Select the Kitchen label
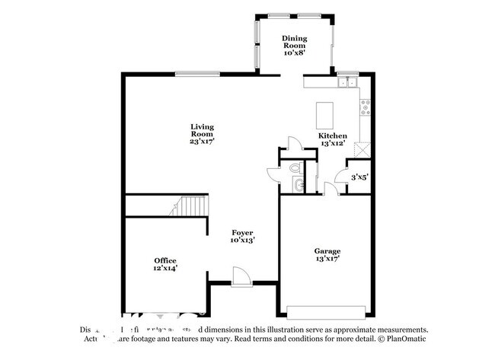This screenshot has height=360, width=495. tap(332, 139)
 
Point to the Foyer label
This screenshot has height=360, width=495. tap(243, 236)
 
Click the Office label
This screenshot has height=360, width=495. tap(165, 264)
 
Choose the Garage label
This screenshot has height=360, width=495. tap(327, 254)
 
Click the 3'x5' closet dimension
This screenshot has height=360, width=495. tap(359, 178)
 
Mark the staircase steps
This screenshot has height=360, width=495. tap(190, 205)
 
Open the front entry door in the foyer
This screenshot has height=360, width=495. tap(238, 275)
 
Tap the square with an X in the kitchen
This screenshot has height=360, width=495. tap(366, 148)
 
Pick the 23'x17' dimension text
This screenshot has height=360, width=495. tap(202, 141)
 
